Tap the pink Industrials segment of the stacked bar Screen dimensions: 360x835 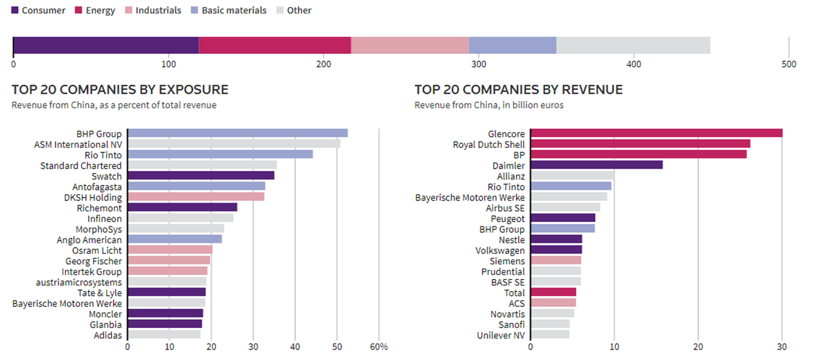click(x=409, y=46)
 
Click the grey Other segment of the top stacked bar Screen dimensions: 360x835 click(x=633, y=46)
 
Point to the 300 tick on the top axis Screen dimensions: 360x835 click(x=478, y=64)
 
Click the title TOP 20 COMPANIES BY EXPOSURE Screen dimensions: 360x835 click(x=120, y=90)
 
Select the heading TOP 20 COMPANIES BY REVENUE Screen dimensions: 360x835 click(x=518, y=90)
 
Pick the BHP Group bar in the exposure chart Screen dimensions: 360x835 click(x=238, y=133)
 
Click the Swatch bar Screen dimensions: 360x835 click(x=201, y=176)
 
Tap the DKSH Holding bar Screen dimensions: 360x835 click(x=196, y=197)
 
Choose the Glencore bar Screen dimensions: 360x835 click(x=656, y=133)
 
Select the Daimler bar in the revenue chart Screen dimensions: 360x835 click(x=597, y=165)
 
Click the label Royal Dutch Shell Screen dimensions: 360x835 click(x=489, y=144)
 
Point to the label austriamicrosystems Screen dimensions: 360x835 click(x=79, y=282)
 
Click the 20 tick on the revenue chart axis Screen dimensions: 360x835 click(x=698, y=347)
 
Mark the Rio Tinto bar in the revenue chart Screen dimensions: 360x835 click(x=571, y=187)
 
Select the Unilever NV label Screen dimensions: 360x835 click(x=501, y=335)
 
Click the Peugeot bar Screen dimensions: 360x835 click(x=563, y=218)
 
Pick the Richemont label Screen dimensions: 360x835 click(x=99, y=208)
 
